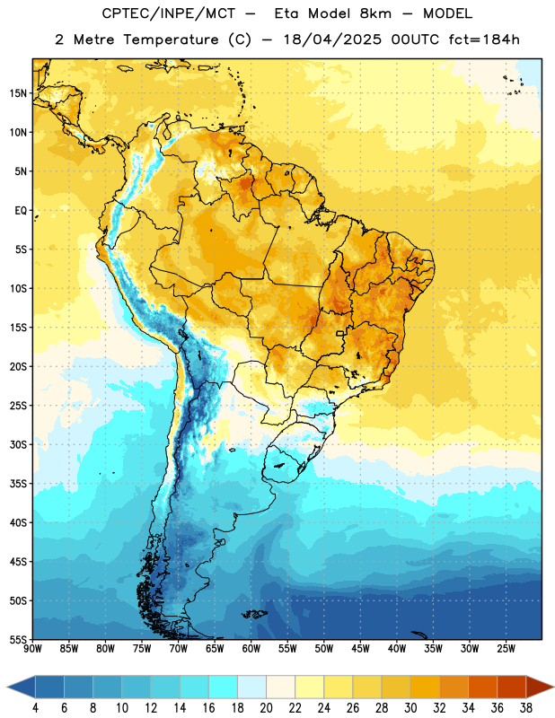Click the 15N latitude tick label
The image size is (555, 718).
18,93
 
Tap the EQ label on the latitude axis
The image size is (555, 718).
21,211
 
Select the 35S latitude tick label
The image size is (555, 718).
18,484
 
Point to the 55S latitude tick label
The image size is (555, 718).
18,639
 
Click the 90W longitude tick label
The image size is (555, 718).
32,649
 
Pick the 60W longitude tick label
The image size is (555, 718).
251,649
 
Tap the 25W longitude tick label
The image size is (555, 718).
506,649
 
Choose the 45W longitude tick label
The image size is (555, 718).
360,649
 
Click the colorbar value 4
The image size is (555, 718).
35,708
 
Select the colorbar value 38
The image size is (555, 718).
526,708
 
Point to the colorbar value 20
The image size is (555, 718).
266,708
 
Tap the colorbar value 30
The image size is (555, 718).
410,708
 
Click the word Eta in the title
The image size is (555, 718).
286,13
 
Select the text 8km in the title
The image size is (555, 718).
375,13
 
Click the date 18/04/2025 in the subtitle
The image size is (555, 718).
332,39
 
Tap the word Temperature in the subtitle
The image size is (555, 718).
171,39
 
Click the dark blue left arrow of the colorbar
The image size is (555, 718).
21,687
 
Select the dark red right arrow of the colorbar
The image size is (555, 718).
541,687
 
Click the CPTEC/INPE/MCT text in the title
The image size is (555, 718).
169,13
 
